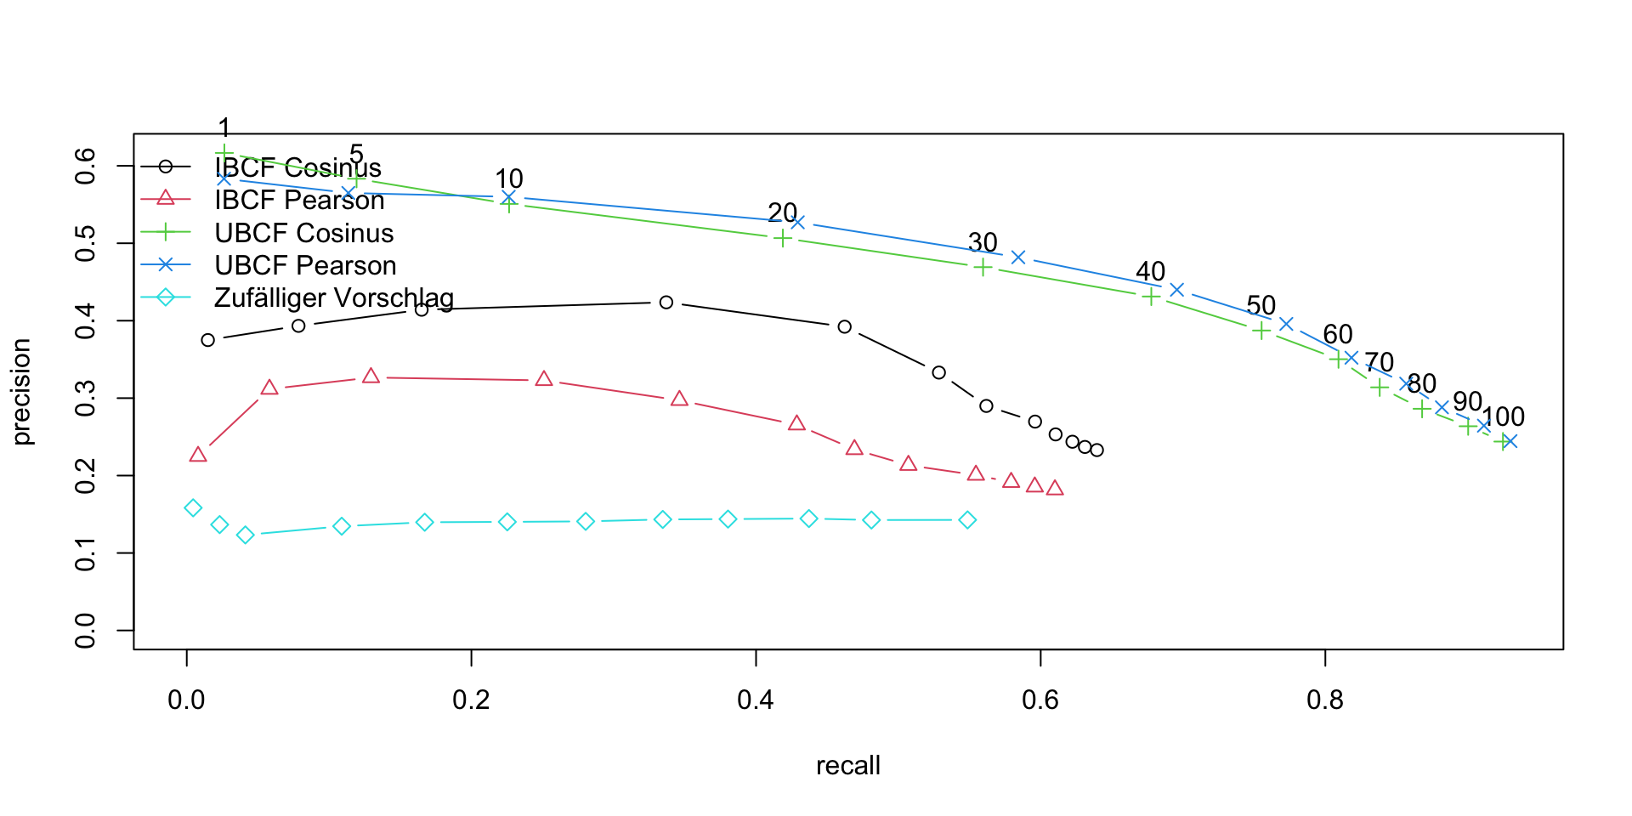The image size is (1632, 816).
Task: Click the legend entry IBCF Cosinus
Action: tap(297, 167)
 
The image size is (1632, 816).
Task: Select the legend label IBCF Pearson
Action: tap(299, 200)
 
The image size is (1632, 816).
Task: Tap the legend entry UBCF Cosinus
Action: tap(303, 233)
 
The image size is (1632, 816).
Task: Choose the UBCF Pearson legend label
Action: tap(305, 265)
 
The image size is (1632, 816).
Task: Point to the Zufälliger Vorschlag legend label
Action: tap(333, 297)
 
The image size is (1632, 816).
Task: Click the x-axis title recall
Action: tap(847, 766)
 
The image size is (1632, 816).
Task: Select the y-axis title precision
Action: tap(22, 391)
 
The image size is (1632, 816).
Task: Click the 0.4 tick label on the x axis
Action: tap(756, 700)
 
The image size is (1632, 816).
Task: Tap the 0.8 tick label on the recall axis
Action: tap(1324, 700)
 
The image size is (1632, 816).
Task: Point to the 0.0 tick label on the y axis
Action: tap(85, 630)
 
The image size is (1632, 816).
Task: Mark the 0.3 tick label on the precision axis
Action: tap(85, 398)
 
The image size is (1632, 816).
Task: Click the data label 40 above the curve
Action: tap(1150, 272)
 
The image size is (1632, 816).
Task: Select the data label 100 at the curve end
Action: tap(1503, 416)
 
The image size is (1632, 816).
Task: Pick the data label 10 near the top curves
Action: tap(508, 178)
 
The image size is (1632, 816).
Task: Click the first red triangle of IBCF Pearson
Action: tap(198, 455)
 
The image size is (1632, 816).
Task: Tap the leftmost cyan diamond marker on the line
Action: tap(193, 508)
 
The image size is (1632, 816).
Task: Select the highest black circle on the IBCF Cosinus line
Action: tap(666, 303)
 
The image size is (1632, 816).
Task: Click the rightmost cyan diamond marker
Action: tap(967, 520)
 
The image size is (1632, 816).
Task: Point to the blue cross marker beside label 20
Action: tap(797, 222)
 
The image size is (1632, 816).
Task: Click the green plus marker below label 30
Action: tap(983, 267)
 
